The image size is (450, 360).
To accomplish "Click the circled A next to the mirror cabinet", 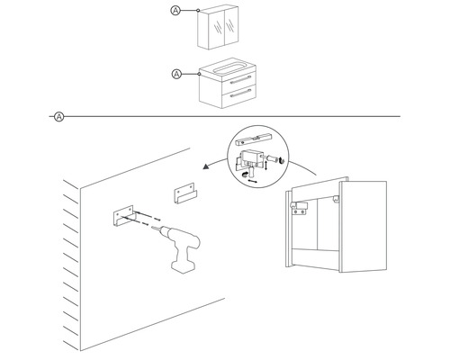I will [175, 11].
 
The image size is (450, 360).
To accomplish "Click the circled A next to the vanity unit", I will [175, 73].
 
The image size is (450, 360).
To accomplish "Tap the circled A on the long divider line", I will [58, 116].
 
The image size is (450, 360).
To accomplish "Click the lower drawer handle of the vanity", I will [238, 94].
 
